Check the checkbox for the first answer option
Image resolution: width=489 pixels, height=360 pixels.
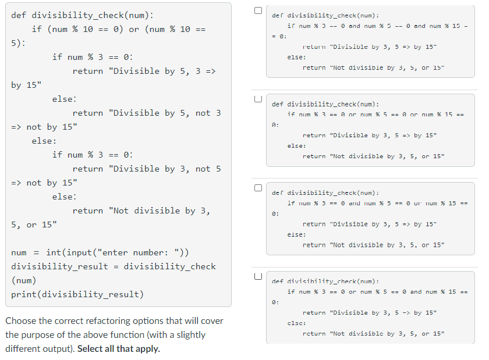coord(257,10)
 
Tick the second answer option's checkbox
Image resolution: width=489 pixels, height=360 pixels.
coord(257,99)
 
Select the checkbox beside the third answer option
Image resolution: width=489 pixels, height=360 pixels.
coord(257,187)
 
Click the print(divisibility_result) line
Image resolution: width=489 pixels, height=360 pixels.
coord(77,294)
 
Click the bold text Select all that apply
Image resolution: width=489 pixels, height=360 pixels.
coord(119,349)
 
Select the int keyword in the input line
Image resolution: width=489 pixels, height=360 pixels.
coord(54,252)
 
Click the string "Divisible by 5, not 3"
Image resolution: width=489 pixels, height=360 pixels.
coord(164,113)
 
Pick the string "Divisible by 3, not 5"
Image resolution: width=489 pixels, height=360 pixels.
coord(164,169)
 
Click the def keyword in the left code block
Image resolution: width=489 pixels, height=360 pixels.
coord(19,15)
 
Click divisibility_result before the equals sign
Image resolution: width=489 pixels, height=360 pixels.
coord(59,266)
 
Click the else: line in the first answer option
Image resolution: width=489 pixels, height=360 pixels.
coord(296,58)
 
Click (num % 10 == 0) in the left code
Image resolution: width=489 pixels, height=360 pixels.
coord(86,29)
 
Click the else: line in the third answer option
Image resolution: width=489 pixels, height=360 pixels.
coord(296,234)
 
